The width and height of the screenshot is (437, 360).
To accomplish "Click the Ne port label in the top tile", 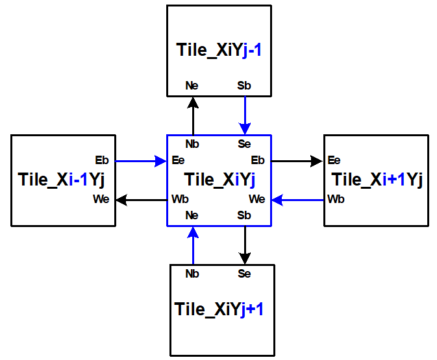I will tap(192, 85).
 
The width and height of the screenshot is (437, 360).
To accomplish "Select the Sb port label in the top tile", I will tap(244, 85).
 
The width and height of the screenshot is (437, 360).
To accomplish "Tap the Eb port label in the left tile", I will tap(102, 160).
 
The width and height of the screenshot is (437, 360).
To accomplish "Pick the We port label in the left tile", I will tap(101, 199).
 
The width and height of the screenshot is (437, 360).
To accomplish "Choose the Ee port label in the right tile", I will tap(334, 160).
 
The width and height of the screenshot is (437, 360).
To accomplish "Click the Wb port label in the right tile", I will tap(336, 199).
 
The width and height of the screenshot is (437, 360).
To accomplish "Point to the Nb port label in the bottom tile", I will tap(192, 274).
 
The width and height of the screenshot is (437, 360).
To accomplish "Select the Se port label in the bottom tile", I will tap(244, 274).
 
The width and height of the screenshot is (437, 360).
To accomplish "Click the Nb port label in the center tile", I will tap(192, 143).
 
